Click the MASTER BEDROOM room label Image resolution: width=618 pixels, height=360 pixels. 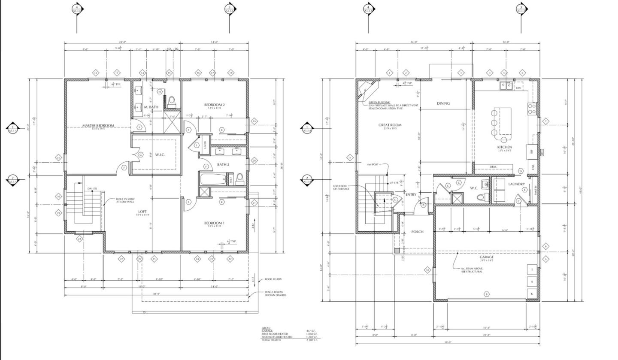[x=98, y=125]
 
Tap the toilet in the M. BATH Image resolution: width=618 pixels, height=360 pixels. [x=172, y=101]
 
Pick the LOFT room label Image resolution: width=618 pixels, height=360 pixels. [x=142, y=212]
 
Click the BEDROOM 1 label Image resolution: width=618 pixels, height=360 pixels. [x=214, y=223]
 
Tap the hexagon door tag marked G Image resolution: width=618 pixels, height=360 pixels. [x=140, y=154]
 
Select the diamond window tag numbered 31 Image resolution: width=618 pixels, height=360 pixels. [x=58, y=158]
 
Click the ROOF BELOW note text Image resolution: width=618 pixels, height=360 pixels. [x=273, y=279]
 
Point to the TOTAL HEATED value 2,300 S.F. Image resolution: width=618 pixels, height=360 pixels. [x=312, y=340]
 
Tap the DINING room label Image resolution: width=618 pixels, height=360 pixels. [x=443, y=103]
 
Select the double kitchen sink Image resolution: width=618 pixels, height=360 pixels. [x=506, y=86]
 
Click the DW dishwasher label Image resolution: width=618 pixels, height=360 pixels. [x=518, y=88]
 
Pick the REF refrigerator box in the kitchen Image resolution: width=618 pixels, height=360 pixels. [x=531, y=151]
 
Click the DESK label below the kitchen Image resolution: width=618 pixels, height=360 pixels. [x=493, y=166]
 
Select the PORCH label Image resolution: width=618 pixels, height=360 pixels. [x=417, y=232]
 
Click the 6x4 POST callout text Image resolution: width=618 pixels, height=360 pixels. [x=373, y=164]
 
